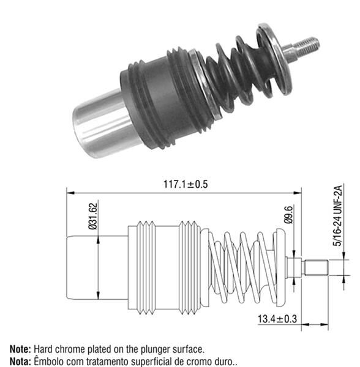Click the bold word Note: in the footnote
click(x=18, y=349)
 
